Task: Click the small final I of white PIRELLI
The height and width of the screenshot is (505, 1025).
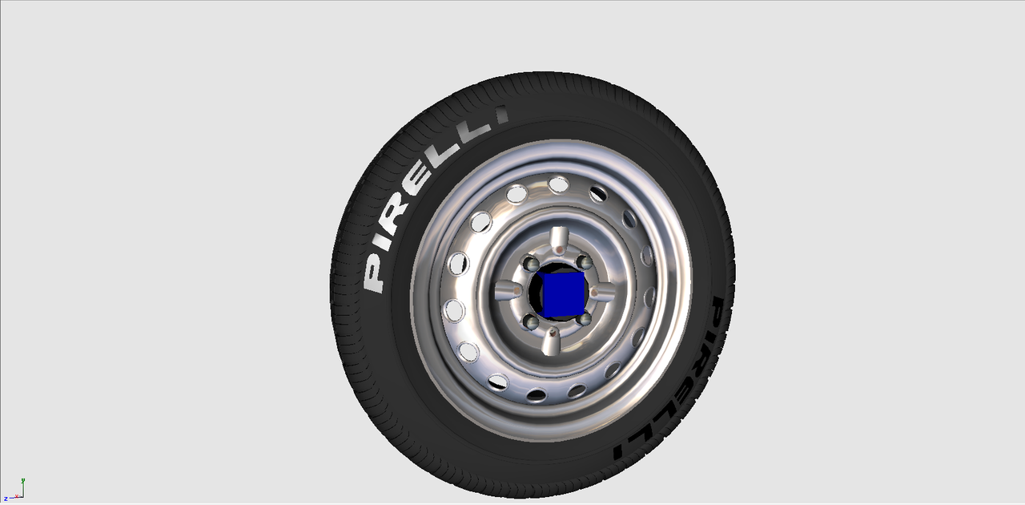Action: coord(502,114)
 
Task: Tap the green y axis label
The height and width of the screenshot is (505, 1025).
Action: coord(23,480)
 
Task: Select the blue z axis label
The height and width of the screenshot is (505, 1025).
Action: coord(6,499)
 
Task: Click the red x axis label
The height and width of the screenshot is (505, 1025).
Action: coord(17,496)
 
